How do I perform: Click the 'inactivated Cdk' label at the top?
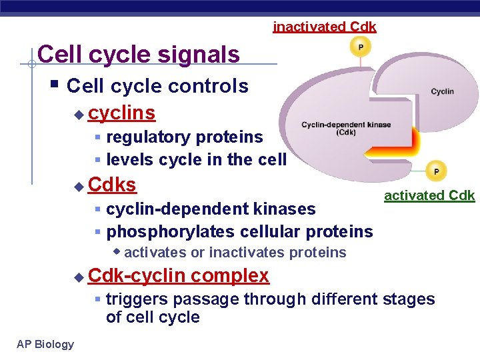pos(325,27)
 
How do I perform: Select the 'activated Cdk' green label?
pos(429,195)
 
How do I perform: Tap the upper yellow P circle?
pos(361,47)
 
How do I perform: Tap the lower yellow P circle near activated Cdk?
pos(436,171)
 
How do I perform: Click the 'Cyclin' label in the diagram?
pos(442,91)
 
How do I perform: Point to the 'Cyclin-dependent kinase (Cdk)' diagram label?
pos(346,129)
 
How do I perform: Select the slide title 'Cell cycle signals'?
pos(139,54)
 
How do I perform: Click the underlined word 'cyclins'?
pos(122,113)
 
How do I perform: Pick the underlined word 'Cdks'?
pos(112,184)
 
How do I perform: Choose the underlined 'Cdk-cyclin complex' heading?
pos(179,275)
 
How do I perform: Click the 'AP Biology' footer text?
pos(45,344)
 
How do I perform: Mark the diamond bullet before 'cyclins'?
pos(79,115)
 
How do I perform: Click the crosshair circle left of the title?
pos(31,64)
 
